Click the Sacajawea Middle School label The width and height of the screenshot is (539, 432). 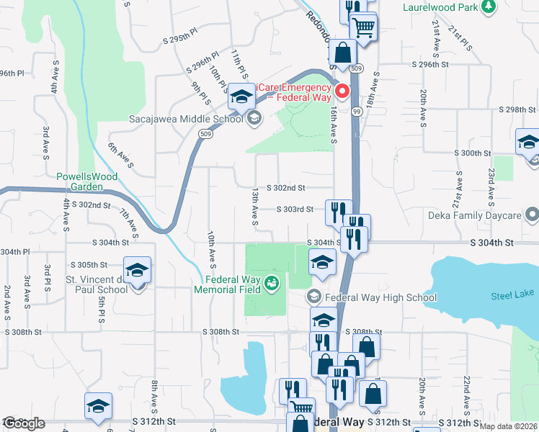[186, 119]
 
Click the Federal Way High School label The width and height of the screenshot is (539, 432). [380, 297]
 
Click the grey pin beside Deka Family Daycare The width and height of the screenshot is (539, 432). [533, 215]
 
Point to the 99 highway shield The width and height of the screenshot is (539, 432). [357, 112]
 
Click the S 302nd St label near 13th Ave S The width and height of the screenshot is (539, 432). [286, 188]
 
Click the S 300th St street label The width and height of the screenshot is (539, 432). [472, 153]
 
